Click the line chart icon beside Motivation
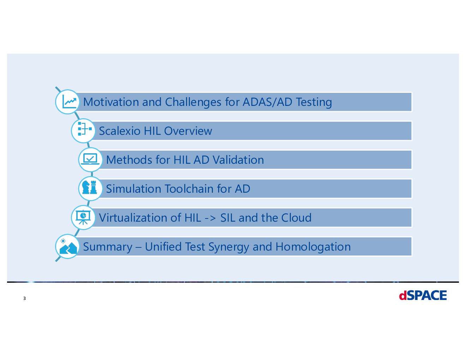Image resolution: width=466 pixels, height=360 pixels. click(69, 102)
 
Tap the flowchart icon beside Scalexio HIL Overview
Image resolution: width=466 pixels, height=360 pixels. click(85, 129)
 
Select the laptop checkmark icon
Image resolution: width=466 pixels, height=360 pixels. click(90, 159)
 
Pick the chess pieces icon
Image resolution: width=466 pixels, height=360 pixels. click(90, 187)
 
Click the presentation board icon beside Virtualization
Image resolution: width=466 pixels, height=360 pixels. click(83, 217)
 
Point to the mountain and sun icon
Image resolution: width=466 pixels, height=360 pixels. click(68, 247)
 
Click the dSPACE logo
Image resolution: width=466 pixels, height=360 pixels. click(423, 295)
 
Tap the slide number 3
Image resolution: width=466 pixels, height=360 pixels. click(24, 298)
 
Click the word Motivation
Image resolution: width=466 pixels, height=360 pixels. click(111, 102)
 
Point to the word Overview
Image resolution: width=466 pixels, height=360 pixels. click(188, 131)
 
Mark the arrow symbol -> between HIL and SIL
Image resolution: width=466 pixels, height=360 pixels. click(210, 218)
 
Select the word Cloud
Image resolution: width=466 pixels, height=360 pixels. click(297, 218)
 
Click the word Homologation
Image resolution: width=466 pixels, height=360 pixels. click(313, 247)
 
